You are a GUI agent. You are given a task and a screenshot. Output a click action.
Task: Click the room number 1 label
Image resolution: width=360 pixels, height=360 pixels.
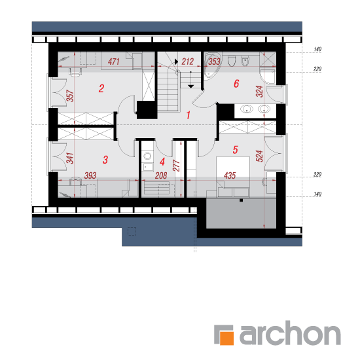tap(189, 115)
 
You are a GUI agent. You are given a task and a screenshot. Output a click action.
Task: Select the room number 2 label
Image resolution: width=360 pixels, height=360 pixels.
tap(101, 88)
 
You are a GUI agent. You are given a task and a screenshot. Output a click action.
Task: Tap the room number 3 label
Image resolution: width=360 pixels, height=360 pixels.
tap(105, 160)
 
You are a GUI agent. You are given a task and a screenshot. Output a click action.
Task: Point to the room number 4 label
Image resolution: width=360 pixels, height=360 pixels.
tap(162, 162)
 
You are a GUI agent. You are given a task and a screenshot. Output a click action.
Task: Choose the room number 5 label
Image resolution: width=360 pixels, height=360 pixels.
tap(236, 150)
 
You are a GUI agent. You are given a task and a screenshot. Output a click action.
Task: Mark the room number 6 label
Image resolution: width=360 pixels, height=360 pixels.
tap(236, 84)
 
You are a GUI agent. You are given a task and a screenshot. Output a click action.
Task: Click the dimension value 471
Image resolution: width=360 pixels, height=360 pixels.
tap(114, 62)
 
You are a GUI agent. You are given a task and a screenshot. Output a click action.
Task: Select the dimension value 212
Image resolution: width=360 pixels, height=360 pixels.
tap(188, 62)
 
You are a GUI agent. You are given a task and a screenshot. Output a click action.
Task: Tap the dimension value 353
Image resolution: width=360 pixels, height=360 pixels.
tap(214, 62)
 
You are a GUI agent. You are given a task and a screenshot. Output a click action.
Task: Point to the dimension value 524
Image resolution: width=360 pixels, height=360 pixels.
tap(259, 156)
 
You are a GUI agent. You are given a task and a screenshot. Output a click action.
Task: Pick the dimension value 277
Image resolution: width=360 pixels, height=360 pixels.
tap(176, 166)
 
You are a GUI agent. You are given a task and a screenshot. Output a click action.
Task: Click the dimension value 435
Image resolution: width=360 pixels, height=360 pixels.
tap(230, 175)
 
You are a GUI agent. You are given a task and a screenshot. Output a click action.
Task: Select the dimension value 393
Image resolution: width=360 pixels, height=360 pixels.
tap(90, 175)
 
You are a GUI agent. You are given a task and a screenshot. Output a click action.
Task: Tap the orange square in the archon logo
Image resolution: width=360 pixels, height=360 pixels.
tap(226, 338)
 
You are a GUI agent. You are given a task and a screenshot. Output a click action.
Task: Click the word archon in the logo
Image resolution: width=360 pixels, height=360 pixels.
tap(290, 333)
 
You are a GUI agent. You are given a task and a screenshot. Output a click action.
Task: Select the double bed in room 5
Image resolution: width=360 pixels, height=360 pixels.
tap(233, 177)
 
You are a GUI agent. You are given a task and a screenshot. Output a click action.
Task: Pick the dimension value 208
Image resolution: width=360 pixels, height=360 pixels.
tap(161, 175)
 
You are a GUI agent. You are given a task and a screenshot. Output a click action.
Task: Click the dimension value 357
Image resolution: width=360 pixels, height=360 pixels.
tap(70, 96)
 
